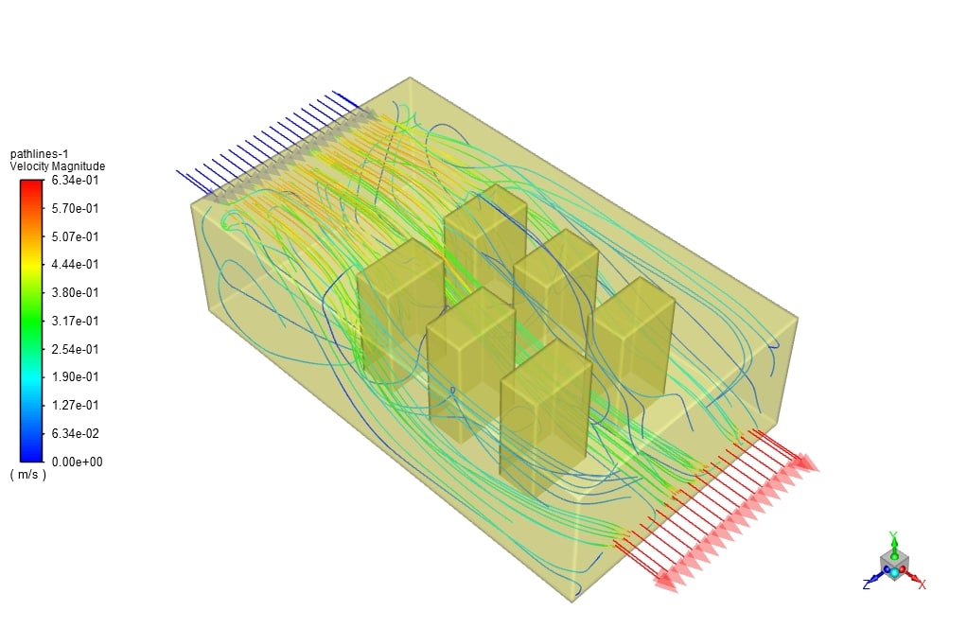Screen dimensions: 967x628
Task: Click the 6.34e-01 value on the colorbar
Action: [x=75, y=180]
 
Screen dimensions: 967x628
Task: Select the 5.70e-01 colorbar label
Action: [x=75, y=208]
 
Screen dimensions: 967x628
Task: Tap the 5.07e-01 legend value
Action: [x=75, y=236]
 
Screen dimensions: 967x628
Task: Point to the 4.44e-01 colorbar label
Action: [x=75, y=265]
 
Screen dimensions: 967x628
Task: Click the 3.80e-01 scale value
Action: [x=75, y=293]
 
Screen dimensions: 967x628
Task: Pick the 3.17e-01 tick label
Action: [x=75, y=321]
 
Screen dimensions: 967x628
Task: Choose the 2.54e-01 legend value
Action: [x=75, y=349]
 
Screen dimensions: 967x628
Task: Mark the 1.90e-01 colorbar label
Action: [x=75, y=377]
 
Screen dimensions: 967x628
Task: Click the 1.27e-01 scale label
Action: [x=75, y=406]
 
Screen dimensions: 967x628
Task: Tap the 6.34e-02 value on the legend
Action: [x=76, y=434]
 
